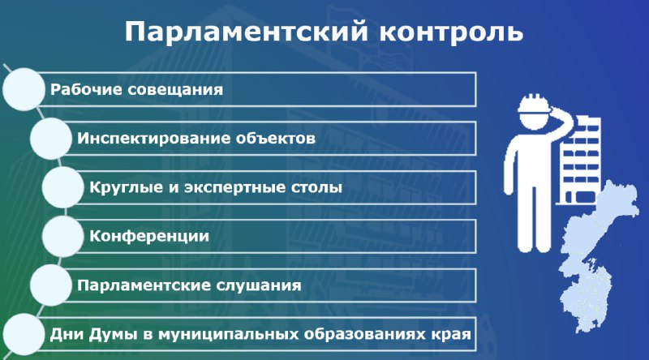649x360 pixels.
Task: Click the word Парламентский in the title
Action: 247,32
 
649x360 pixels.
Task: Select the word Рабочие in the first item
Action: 85,89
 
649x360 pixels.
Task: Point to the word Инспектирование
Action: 153,138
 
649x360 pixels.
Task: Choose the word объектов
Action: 276,138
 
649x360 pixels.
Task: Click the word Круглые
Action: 126,187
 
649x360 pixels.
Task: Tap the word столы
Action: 316,187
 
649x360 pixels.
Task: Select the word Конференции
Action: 149,236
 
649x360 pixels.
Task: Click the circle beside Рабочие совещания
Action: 24,89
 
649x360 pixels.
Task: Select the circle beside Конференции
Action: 63,236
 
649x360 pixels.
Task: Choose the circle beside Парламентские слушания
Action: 51,285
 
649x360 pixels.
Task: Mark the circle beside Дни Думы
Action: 24,334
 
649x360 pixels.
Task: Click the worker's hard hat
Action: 534,103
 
